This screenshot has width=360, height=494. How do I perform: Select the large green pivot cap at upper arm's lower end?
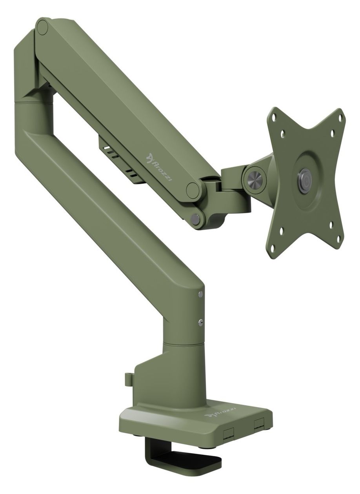193,190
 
